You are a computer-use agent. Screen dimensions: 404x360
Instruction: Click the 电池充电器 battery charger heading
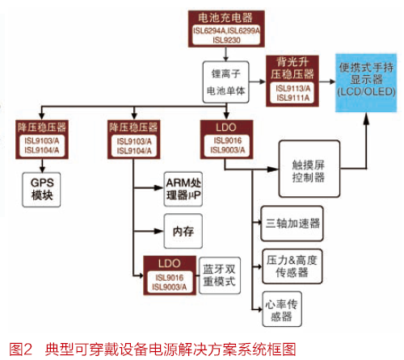point(225,18)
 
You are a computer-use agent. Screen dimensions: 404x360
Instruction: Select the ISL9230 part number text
point(226,40)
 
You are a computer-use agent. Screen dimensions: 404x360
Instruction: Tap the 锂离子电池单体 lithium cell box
point(225,82)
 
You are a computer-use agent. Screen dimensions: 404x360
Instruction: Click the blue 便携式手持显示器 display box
point(366,82)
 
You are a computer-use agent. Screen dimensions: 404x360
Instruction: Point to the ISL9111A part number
point(292,98)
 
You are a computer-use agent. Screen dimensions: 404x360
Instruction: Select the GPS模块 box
point(41,190)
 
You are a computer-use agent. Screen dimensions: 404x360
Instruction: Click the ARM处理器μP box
point(183,189)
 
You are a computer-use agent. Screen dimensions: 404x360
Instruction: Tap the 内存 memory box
point(183,231)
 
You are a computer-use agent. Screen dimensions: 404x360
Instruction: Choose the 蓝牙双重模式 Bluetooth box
point(220,275)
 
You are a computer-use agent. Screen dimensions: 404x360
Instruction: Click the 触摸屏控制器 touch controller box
point(309,169)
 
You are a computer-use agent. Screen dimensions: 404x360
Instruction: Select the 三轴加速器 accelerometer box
point(292,224)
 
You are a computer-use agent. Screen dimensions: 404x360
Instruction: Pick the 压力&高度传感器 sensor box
point(292,266)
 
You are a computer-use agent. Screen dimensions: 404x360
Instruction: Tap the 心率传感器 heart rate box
point(282,309)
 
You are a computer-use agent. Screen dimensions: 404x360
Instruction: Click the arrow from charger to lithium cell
point(225,54)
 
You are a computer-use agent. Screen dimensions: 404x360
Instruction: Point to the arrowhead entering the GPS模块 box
point(42,170)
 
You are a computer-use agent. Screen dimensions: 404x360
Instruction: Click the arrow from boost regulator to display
point(327,82)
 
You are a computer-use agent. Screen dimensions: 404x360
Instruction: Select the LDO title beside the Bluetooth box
point(170,263)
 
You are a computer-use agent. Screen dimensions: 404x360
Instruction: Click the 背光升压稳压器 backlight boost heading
point(292,68)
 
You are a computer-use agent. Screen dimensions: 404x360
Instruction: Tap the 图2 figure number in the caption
point(21,350)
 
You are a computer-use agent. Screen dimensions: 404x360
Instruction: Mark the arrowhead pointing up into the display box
point(366,118)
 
